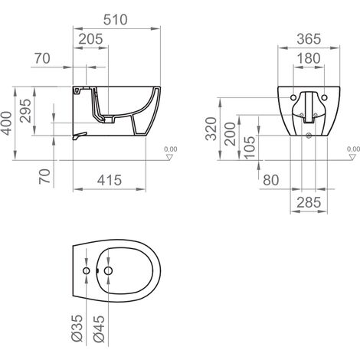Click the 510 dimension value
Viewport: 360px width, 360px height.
coord(115,20)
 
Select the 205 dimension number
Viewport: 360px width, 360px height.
coord(90,39)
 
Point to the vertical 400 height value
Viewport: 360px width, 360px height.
coord(7,123)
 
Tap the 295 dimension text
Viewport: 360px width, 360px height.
coord(25,111)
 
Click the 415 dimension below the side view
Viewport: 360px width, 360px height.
coord(110,180)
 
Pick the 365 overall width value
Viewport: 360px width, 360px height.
coord(309,39)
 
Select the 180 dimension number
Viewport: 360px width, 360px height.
coord(309,58)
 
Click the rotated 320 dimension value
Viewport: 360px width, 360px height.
coord(211,129)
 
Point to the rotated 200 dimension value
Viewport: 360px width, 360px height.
coord(230,134)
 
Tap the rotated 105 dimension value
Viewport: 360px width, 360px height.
coord(249,148)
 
